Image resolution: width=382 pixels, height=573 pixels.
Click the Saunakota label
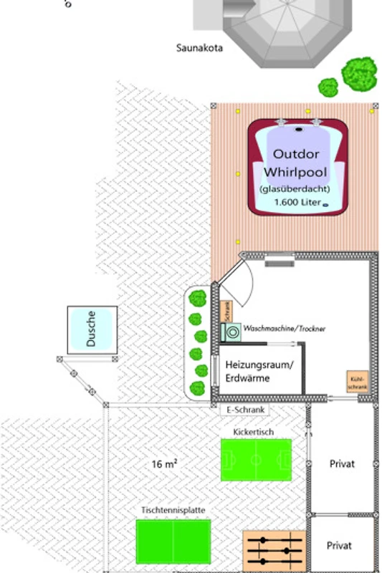[x=199, y=48]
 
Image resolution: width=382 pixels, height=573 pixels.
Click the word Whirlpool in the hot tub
[x=295, y=172]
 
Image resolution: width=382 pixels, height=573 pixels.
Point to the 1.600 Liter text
[x=297, y=202]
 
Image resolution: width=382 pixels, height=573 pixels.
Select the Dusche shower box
[x=92, y=329]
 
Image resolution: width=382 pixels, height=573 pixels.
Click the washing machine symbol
[x=231, y=332]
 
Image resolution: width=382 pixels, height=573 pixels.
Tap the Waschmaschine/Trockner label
[x=284, y=329]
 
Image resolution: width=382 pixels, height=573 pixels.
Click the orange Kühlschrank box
[x=358, y=382]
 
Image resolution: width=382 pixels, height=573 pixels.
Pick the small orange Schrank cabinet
[x=226, y=312]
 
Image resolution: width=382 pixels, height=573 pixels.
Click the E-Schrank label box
[x=245, y=410]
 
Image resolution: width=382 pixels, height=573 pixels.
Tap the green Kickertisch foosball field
[x=257, y=460]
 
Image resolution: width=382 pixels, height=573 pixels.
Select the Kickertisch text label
[x=253, y=432]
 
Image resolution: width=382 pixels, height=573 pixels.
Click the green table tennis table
[x=173, y=541]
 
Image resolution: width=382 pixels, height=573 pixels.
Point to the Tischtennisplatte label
[x=173, y=510]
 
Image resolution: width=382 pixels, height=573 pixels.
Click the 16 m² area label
[x=165, y=464]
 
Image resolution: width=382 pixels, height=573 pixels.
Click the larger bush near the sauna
[x=359, y=74]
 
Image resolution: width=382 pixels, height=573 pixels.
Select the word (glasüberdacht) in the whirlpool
[x=295, y=189]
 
